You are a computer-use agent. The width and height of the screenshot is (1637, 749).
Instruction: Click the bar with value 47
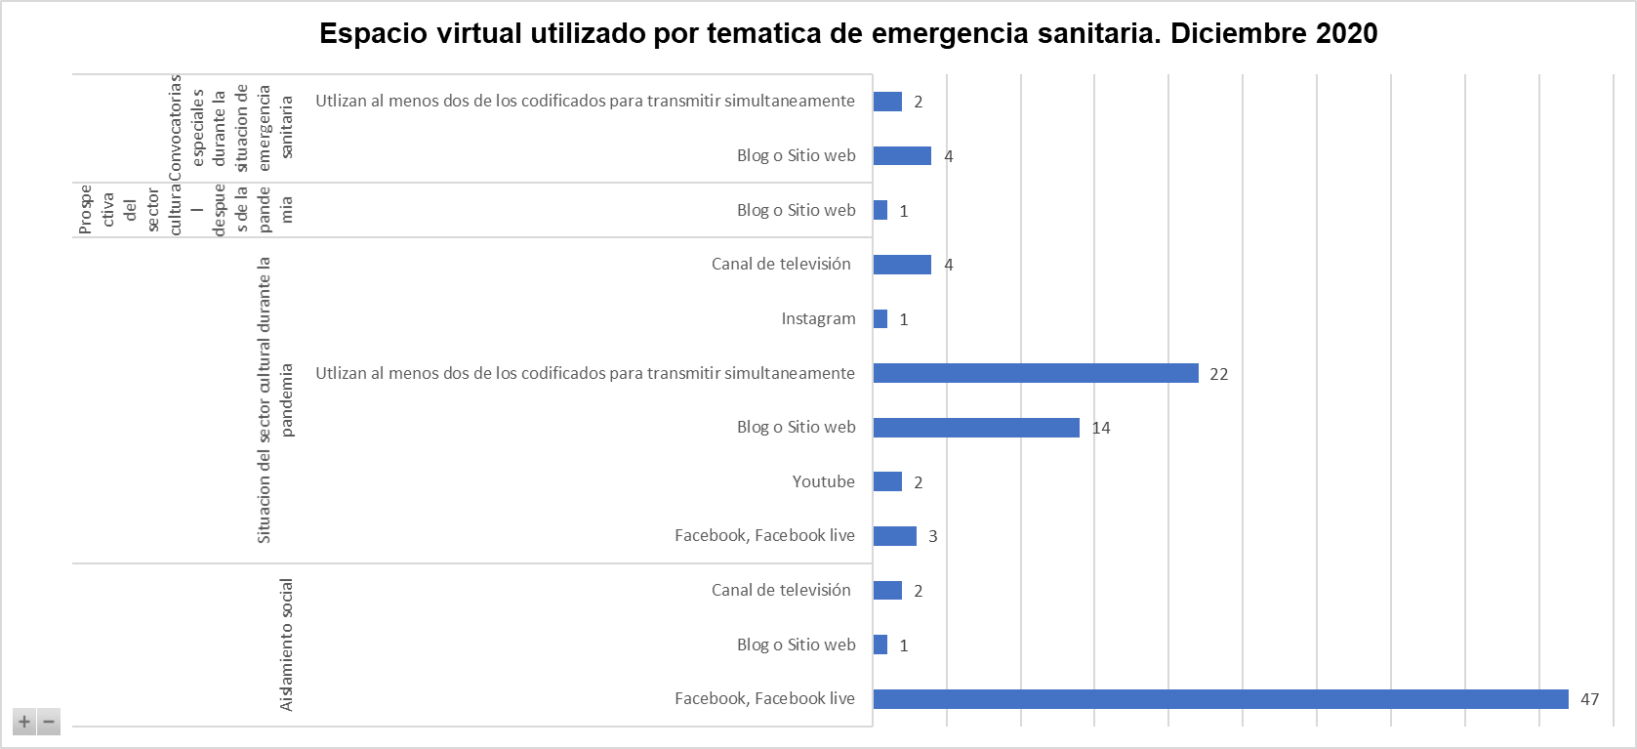point(1220,699)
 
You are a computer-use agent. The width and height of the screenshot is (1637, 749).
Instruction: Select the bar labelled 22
point(1036,373)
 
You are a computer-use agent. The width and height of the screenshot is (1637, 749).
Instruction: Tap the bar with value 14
point(976,428)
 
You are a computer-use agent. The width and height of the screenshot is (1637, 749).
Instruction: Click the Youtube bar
point(887,481)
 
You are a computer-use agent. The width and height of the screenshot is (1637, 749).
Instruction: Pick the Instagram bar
point(880,319)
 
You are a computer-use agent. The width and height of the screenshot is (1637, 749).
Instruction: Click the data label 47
point(1589,699)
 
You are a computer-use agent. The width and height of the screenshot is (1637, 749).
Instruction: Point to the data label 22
point(1218,374)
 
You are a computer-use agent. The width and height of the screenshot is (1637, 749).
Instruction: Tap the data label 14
point(1100,428)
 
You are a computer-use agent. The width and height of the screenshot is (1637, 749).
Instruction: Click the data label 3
point(932,536)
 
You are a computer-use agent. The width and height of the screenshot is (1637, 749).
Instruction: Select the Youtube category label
point(823,481)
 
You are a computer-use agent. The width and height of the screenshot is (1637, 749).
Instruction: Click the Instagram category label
point(818,319)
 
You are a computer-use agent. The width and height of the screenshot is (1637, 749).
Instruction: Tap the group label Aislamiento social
point(286,645)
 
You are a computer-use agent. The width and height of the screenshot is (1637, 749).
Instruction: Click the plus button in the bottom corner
point(24,723)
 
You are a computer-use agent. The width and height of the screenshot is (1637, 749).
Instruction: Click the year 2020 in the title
point(1346,33)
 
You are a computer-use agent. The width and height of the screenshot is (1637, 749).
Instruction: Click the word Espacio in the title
point(373,33)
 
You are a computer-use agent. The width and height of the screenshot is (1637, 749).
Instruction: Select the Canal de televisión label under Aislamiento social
point(781,590)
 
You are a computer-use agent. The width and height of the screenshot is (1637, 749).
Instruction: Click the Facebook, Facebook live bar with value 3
point(894,536)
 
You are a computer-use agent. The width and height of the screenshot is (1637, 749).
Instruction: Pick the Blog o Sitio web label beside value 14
point(796,428)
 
